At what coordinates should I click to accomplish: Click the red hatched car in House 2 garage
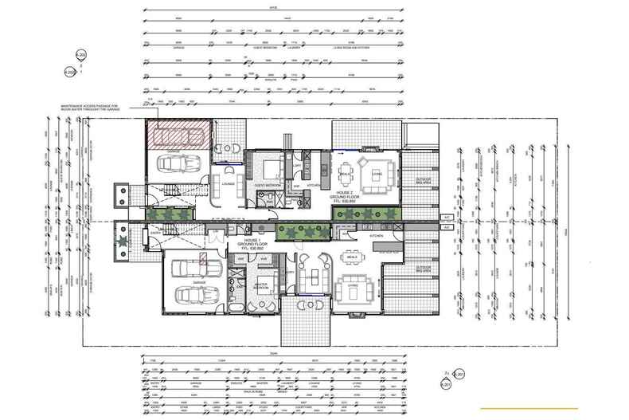[x=179, y=136]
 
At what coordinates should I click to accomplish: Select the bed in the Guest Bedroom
[x=268, y=169]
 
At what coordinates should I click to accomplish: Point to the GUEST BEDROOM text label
[x=265, y=185]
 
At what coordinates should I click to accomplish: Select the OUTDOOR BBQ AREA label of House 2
[x=424, y=181]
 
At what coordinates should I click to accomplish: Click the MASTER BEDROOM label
[x=262, y=285]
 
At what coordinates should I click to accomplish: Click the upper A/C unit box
[x=447, y=217]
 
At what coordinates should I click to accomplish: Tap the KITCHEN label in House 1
[x=376, y=237]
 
